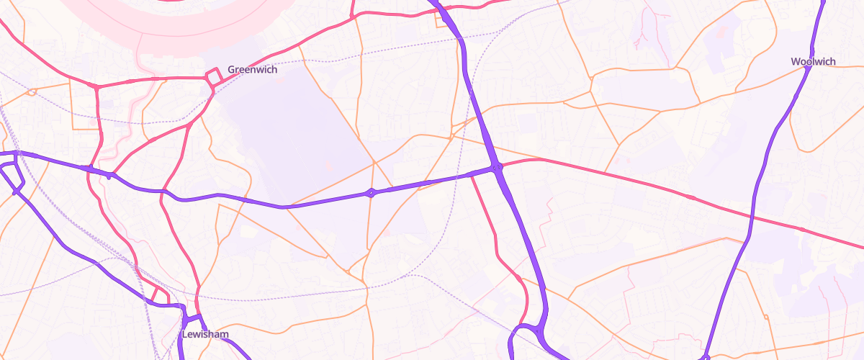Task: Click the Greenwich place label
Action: [x=252, y=70]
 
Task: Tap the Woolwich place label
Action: [x=813, y=62]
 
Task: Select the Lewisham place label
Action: [x=205, y=335]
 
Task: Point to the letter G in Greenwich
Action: [x=232, y=70]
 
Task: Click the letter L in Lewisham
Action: [x=185, y=335]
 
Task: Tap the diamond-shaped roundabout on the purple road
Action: [x=371, y=192]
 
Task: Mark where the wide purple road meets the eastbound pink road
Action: [x=498, y=168]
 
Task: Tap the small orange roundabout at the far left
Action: [x=31, y=91]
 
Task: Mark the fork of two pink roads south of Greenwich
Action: [x=189, y=125]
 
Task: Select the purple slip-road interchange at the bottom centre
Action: [x=529, y=333]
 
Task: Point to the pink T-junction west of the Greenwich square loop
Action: [x=96, y=86]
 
